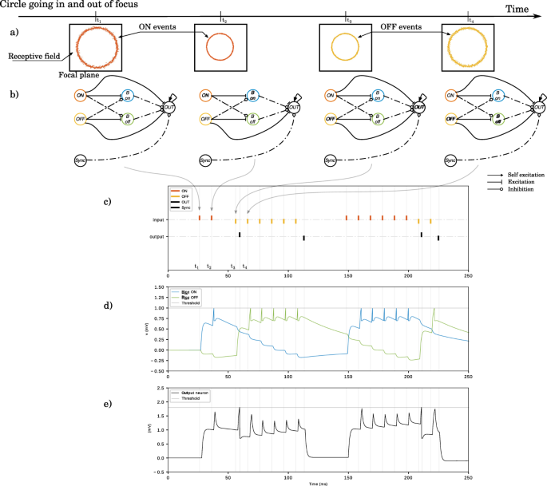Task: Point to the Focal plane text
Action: pos(78,75)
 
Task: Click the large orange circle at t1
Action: pos(95,46)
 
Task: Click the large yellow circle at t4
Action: pos(469,47)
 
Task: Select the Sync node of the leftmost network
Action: pos(79,161)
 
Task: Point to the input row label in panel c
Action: pos(160,219)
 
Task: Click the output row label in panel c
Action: pos(159,236)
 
